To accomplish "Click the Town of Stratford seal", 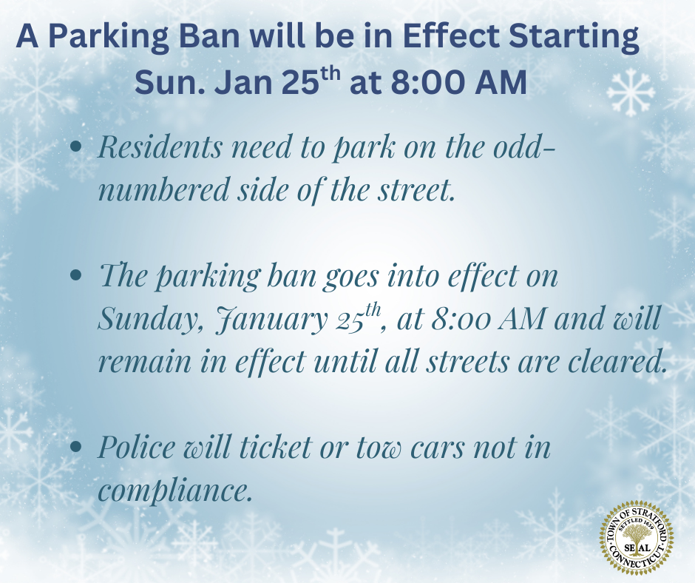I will (x=637, y=539).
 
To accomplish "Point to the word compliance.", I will (x=176, y=491).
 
